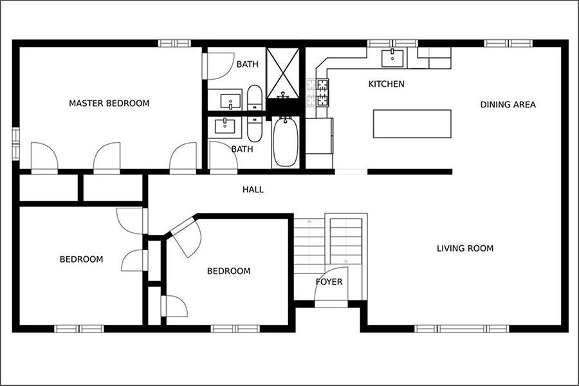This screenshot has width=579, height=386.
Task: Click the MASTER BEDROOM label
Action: click(x=109, y=103)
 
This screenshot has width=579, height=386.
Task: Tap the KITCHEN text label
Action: click(x=386, y=84)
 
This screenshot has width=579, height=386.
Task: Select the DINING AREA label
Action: click(x=508, y=104)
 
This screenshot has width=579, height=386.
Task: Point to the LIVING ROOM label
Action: click(x=465, y=248)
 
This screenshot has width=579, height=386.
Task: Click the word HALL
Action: click(x=253, y=190)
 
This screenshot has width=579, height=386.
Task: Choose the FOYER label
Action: click(x=329, y=282)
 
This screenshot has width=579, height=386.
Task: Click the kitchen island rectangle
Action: click(x=412, y=124)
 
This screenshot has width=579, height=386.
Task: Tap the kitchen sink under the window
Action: click(x=392, y=58)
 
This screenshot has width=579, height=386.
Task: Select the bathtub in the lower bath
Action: click(x=286, y=142)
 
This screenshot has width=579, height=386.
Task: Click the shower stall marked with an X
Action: click(x=283, y=73)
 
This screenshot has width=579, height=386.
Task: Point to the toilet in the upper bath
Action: click(x=254, y=98)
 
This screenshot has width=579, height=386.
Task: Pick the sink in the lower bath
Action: click(x=225, y=126)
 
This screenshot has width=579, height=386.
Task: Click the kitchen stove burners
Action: click(x=322, y=93)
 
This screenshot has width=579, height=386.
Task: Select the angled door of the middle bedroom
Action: click(x=186, y=237)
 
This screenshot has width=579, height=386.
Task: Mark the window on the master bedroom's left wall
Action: click(x=15, y=143)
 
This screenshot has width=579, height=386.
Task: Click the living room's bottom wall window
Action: click(x=461, y=329)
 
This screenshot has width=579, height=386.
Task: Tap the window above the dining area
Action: click(x=508, y=43)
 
